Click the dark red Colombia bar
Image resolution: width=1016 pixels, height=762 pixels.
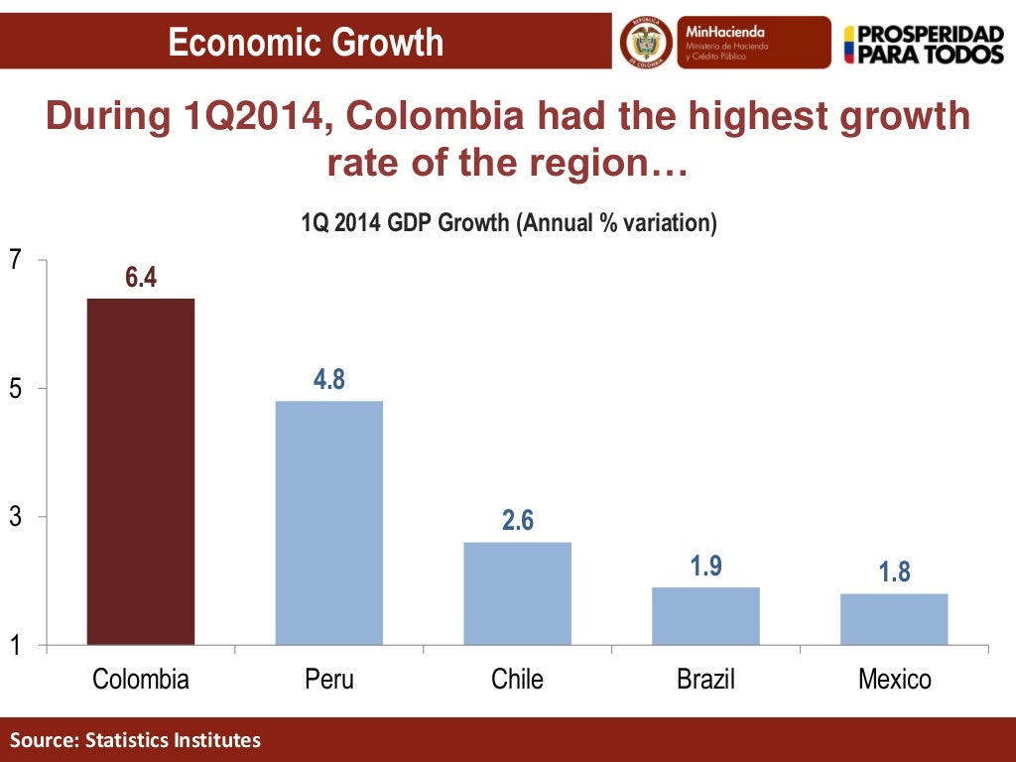tap(140, 471)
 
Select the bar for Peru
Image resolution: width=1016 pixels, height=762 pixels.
tap(328, 523)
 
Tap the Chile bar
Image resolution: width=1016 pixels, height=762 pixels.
tap(517, 593)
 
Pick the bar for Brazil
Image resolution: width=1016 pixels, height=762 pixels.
tap(705, 616)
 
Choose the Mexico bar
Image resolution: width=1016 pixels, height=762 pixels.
tap(894, 619)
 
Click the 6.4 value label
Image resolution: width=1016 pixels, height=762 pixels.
tap(141, 278)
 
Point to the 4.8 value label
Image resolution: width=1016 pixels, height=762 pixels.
tap(328, 380)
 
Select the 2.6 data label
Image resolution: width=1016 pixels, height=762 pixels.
tap(517, 521)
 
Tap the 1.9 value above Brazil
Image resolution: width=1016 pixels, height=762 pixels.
tap(705, 567)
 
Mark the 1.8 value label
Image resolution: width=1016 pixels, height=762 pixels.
tap(894, 572)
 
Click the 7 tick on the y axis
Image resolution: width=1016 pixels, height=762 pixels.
tap(15, 260)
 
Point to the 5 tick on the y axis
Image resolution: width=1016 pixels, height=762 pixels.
tap(15, 389)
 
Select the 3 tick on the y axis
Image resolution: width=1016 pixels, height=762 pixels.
tap(15, 517)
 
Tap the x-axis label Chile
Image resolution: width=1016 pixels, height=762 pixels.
tap(517, 680)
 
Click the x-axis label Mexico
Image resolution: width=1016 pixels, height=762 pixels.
tap(894, 680)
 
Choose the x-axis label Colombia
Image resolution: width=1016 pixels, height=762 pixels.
tap(140, 680)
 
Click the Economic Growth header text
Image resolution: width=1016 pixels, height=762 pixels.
tap(306, 43)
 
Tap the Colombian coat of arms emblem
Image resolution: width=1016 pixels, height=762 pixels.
tap(646, 43)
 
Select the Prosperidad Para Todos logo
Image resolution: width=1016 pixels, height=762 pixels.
tap(923, 44)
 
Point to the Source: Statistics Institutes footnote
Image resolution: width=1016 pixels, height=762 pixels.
tap(136, 740)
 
